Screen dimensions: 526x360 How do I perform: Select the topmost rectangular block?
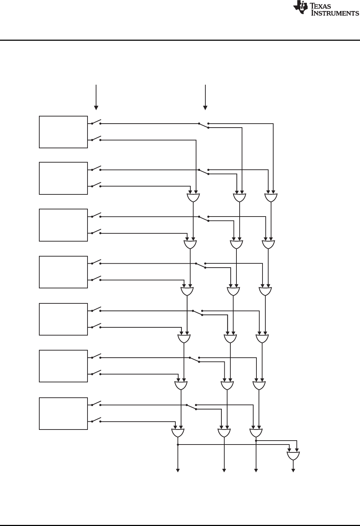coord(63,132)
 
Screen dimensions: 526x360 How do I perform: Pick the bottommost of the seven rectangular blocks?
coord(63,413)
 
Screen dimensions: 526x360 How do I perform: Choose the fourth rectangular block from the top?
coord(63,272)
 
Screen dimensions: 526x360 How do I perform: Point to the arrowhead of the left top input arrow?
coord(96,107)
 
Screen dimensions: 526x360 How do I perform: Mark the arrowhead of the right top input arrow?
coord(205,107)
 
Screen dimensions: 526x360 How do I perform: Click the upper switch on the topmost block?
coord(96,123)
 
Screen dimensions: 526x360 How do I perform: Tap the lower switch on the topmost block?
coord(96,139)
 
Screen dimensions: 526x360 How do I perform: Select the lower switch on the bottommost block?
coord(96,421)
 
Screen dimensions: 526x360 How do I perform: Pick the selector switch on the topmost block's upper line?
coord(204,125)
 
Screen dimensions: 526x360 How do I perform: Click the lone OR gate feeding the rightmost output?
coord(293,456)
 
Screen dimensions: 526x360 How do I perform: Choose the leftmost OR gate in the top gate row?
coord(193,198)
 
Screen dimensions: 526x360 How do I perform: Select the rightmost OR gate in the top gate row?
coord(271,198)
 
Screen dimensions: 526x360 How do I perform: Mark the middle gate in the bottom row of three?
coord(224,433)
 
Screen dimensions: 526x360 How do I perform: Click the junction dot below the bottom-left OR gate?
coord(177,445)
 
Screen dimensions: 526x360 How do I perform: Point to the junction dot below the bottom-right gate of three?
coord(256,441)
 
